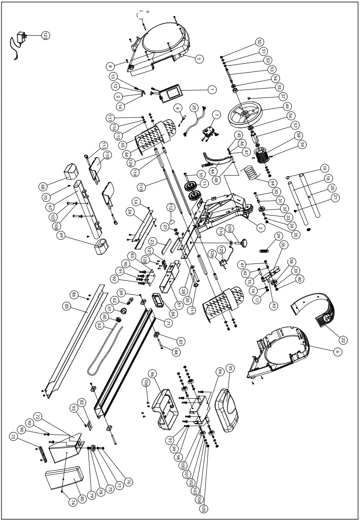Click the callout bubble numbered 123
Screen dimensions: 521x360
click(x=45, y=35)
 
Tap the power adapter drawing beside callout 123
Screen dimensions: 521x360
click(x=20, y=38)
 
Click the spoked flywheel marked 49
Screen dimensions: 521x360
click(x=245, y=114)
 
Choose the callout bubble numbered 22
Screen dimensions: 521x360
click(x=342, y=340)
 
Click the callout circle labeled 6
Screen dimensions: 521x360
click(x=337, y=352)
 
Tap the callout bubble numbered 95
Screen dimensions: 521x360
click(x=230, y=369)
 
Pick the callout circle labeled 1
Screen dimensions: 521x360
click(x=211, y=89)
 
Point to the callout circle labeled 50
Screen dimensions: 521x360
click(x=260, y=42)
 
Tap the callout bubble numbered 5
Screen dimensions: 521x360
click(x=199, y=58)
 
